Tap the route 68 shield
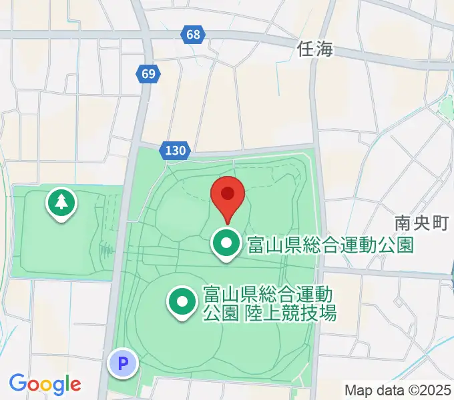(192, 34)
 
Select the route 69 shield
(148, 73)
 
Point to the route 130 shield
(176, 151)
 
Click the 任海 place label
(315, 49)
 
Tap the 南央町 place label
(421, 223)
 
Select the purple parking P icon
(122, 364)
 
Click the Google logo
(45, 384)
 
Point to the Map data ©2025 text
(398, 390)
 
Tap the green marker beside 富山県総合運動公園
(227, 245)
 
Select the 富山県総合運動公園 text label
(330, 245)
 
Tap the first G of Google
(17, 383)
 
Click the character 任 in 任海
(306, 49)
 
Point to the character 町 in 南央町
(439, 223)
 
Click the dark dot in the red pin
(228, 193)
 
